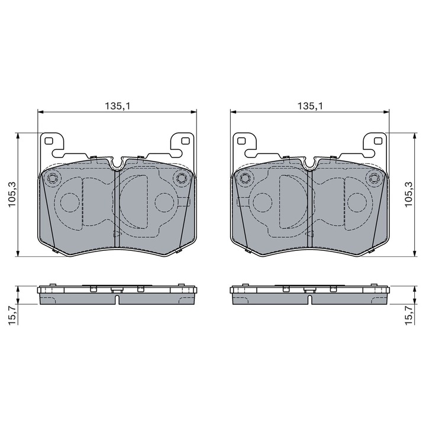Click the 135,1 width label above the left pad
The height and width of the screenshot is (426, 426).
pyautogui.click(x=117, y=106)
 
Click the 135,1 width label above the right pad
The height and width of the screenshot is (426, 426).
pyautogui.click(x=309, y=106)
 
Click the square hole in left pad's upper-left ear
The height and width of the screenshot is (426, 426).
pyautogui.click(x=49, y=141)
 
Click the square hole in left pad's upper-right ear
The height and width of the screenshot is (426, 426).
pyautogui.click(x=185, y=141)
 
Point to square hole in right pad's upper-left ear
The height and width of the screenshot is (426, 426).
pyautogui.click(x=241, y=141)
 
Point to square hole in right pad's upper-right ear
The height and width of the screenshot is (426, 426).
pyautogui.click(x=377, y=141)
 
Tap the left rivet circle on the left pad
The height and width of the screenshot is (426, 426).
pyautogui.click(x=52, y=178)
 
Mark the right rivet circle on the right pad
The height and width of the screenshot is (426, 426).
pyautogui.click(x=373, y=178)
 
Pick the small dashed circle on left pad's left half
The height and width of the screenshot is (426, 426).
pyautogui.click(x=70, y=203)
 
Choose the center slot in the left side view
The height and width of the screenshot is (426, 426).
pyautogui.click(x=117, y=299)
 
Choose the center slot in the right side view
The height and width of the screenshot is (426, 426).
pyautogui.click(x=309, y=299)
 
